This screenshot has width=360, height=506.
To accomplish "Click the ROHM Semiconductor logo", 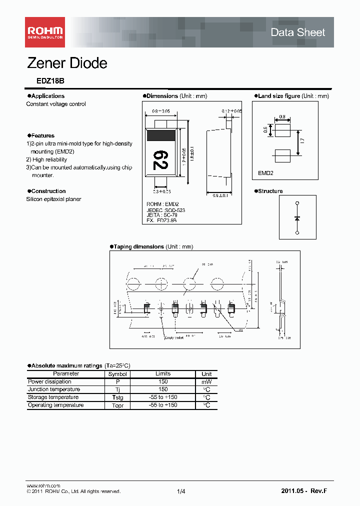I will pyautogui.click(x=45, y=32).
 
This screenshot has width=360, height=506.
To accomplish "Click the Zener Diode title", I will pyautogui.click(x=66, y=63).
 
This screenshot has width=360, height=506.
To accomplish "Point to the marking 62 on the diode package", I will pyautogui.click(x=160, y=159).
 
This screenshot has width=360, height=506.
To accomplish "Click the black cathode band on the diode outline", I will pyautogui.click(x=160, y=134).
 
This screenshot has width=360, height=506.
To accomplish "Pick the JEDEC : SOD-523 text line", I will pyautogui.click(x=165, y=210).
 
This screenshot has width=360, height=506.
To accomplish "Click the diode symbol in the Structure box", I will pyautogui.click(x=297, y=218).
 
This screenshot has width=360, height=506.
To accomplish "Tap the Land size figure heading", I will pyautogui.click(x=279, y=96).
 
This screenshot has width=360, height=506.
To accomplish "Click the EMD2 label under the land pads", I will pyautogui.click(x=265, y=172).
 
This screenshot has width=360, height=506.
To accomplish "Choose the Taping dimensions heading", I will pyautogui.click(x=138, y=246).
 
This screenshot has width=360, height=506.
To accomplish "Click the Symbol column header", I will pyautogui.click(x=117, y=374).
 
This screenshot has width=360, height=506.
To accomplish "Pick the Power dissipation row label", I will pyautogui.click(x=49, y=381).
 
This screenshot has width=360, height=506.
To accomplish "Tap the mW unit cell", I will pyautogui.click(x=206, y=381).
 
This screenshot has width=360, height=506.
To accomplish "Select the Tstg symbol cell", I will pyautogui.click(x=117, y=397).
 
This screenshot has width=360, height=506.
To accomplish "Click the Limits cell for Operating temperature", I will pyautogui.click(x=163, y=405).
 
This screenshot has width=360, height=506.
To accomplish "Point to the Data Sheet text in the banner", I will pyautogui.click(x=297, y=32).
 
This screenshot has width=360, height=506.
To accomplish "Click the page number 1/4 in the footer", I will pyautogui.click(x=181, y=492).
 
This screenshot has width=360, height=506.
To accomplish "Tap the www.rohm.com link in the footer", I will pyautogui.click(x=43, y=486).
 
